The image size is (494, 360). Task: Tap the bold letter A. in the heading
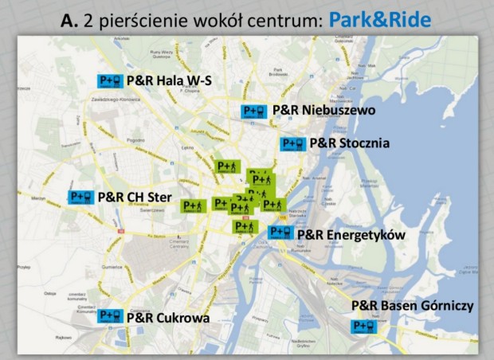pos(71,20)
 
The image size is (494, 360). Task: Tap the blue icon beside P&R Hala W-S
pos(109,80)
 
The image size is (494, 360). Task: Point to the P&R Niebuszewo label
pos(323,110)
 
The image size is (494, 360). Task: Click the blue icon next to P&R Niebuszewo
pos(254,111)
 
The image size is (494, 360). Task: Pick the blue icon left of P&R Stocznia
pos(292,144)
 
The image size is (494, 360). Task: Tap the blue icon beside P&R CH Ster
pos(80,197)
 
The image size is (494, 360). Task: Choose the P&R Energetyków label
pos(351,235)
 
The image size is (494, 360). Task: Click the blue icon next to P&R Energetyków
pos(280,232)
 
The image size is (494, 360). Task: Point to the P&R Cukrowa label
pos(168,319)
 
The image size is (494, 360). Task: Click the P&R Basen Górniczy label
pos(413,306)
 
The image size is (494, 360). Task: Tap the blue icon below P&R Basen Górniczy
pos(364,326)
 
